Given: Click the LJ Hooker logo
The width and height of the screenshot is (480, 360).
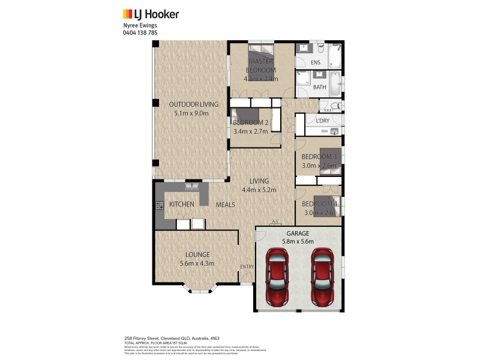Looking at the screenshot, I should pyautogui.click(x=151, y=14).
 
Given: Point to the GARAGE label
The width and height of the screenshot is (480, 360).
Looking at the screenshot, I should pyautogui.click(x=298, y=233).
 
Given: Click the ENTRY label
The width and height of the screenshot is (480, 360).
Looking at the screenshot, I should pyautogui.click(x=247, y=266).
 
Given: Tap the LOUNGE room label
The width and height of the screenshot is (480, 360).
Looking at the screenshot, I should pyautogui.click(x=197, y=254).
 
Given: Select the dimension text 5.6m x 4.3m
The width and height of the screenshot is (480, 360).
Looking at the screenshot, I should pyautogui.click(x=197, y=263).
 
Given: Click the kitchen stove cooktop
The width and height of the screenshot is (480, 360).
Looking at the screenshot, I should pyautogui.click(x=160, y=205).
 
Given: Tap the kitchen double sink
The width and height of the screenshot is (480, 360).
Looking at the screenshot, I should pyautogui.click(x=193, y=187).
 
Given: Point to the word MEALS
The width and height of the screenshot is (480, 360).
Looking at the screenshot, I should pyautogui.click(x=226, y=205).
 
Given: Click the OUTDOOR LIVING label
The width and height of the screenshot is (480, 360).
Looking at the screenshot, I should pyautogui.click(x=188, y=104).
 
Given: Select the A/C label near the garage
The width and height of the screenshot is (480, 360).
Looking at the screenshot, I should pyautogui.click(x=275, y=222).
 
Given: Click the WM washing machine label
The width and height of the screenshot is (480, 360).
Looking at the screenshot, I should pyautogui.click(x=324, y=131).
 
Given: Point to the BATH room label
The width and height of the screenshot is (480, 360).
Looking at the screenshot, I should pyautogui.click(x=319, y=87).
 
